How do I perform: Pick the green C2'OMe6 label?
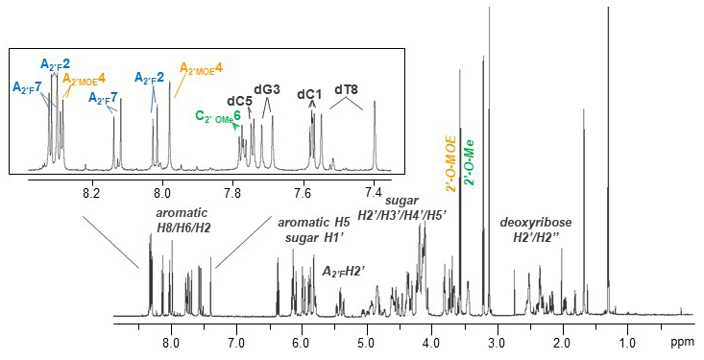click(218, 116)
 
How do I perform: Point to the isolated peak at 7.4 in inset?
click(374, 106)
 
